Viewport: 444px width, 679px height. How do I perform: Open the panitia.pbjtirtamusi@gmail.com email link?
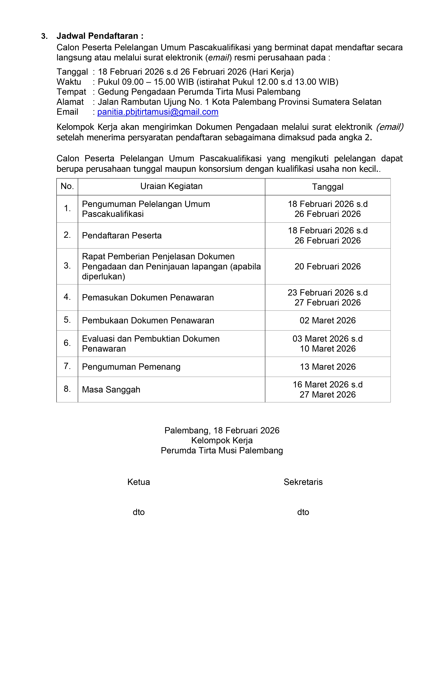(x=158, y=112)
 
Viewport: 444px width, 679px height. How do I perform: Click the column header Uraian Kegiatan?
(x=171, y=186)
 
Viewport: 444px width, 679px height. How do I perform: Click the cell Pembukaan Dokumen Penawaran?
(x=148, y=321)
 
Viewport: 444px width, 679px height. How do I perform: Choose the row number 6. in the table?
(x=67, y=343)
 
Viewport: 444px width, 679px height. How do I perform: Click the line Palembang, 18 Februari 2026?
(x=222, y=430)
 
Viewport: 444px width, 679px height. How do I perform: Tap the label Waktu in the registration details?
(x=69, y=82)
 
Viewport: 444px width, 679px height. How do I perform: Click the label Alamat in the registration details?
(x=70, y=102)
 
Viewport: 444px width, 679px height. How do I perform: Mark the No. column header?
(x=67, y=186)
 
